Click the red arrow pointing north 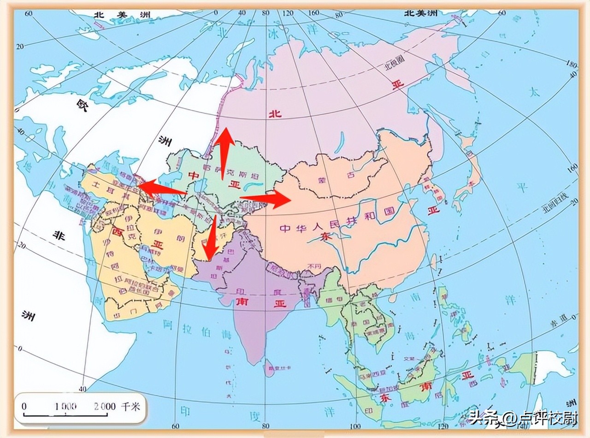coord(224,152)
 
